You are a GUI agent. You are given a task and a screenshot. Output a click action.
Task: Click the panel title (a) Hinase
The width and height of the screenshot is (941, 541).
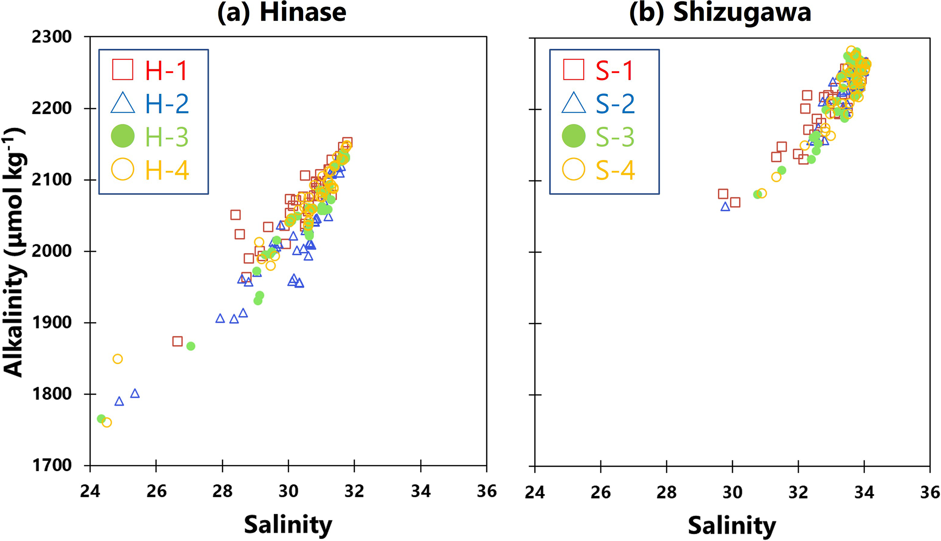click(281, 12)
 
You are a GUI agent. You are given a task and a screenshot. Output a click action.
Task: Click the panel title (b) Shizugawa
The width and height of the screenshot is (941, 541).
click(720, 12)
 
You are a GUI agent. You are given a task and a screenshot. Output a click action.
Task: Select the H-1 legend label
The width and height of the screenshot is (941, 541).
click(167, 70)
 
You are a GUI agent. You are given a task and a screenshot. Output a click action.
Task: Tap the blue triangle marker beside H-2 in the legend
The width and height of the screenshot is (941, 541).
click(123, 103)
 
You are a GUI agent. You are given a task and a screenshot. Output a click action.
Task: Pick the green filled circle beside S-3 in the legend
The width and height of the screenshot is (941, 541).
click(574, 136)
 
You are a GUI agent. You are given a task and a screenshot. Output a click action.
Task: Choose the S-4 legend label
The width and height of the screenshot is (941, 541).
click(615, 170)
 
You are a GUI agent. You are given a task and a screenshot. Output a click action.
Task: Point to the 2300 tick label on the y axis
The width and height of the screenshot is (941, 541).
click(52, 37)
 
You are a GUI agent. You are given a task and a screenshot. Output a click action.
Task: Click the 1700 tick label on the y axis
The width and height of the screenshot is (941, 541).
click(52, 466)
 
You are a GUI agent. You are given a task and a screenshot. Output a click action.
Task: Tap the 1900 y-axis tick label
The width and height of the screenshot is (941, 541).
click(52, 323)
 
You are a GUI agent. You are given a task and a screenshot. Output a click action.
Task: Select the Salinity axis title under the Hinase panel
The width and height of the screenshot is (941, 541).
click(288, 525)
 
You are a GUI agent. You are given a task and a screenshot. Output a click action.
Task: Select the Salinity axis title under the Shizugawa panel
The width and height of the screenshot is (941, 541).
click(732, 526)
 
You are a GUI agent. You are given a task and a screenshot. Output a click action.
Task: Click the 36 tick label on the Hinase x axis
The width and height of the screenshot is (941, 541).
click(487, 491)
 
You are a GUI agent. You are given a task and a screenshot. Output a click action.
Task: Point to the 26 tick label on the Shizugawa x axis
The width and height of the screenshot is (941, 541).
click(600, 492)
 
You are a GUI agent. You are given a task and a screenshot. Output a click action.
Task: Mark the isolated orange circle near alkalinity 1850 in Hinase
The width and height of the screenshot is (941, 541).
click(117, 359)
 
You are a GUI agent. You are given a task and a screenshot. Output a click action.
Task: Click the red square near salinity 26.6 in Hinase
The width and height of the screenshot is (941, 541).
click(178, 341)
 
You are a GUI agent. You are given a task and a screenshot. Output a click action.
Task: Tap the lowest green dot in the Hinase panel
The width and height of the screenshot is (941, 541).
click(101, 419)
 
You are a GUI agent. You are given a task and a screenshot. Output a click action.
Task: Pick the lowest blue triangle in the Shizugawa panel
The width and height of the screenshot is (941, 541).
click(725, 207)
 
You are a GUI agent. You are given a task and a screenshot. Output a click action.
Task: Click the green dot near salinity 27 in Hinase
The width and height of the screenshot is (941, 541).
click(191, 346)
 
